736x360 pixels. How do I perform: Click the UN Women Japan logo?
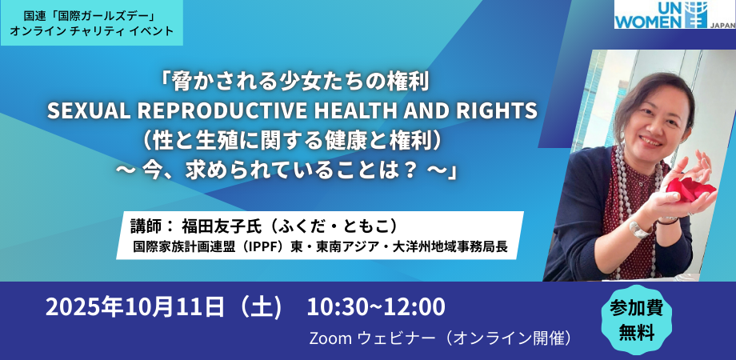coord(674,14)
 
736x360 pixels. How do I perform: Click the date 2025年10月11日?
coord(135,308)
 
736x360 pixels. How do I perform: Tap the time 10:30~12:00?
coord(376,308)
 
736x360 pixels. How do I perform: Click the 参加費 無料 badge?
coord(636,319)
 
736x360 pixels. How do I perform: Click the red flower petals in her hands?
coord(690,188)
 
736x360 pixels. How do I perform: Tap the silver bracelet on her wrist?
coord(639,229)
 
